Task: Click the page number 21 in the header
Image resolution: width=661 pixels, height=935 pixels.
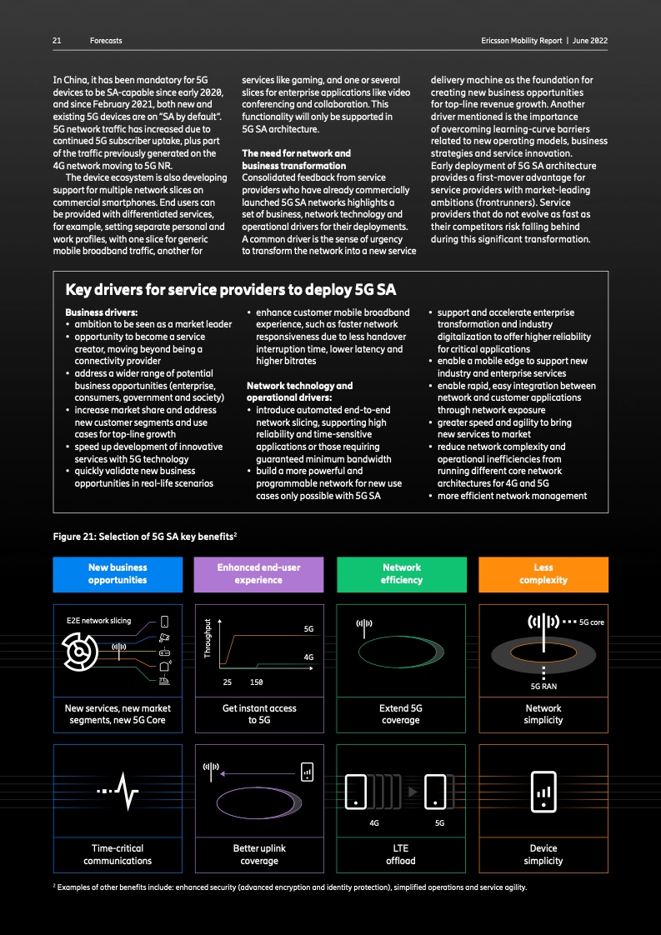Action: (57, 40)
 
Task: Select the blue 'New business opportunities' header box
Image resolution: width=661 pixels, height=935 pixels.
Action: (118, 573)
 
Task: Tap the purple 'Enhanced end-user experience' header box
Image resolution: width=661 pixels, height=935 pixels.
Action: (258, 573)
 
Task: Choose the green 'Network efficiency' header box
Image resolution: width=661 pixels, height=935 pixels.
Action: (401, 573)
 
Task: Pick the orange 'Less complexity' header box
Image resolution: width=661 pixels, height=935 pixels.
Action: (543, 573)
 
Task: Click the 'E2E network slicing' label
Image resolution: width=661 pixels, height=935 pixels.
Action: (98, 621)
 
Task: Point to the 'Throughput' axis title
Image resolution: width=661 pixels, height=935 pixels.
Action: (207, 640)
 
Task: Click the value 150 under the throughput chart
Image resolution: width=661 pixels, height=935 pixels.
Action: (257, 682)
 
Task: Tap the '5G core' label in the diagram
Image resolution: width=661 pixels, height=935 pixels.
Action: (595, 622)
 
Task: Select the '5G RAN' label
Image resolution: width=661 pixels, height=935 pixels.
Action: (543, 687)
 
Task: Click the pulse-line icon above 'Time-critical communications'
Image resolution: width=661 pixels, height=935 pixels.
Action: (118, 791)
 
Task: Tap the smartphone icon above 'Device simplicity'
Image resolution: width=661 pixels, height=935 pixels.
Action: (543, 791)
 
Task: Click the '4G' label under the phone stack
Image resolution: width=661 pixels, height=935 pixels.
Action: (374, 822)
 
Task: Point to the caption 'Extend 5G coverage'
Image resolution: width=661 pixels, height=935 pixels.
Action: (401, 714)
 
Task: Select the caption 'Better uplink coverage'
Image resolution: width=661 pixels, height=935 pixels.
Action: (258, 854)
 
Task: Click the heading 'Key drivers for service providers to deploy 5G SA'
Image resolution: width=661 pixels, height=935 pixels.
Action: (230, 290)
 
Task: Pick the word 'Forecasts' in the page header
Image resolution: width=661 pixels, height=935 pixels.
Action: (106, 40)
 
